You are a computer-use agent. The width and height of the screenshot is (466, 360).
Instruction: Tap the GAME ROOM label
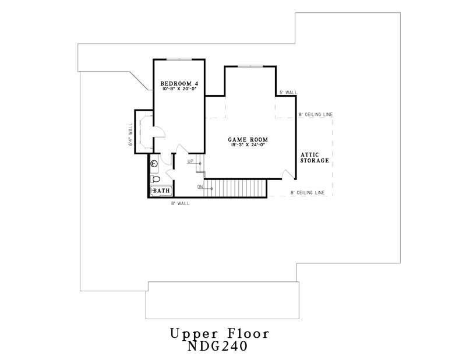tap(248, 140)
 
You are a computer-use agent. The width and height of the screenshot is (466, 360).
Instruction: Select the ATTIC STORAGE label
tap(315, 157)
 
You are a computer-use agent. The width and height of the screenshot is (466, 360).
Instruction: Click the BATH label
tap(162, 190)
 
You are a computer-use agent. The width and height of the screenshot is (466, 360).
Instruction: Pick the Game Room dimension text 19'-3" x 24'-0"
tap(248, 146)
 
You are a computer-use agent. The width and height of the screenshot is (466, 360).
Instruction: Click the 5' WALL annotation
tap(288, 93)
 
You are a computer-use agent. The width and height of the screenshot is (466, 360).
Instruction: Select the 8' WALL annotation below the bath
tap(180, 203)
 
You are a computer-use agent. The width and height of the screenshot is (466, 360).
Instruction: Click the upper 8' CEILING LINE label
tap(315, 115)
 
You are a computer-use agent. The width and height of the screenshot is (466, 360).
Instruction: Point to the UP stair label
tap(190, 161)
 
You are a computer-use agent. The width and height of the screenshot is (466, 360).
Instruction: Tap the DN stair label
tap(200, 187)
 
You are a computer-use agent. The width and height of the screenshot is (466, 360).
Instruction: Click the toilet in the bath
tap(155, 179)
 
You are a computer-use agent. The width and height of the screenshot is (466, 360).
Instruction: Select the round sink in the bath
tap(154, 164)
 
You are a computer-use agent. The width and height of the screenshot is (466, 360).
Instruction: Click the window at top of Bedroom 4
tap(179, 59)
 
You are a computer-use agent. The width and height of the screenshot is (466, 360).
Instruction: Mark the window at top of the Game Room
tap(250, 66)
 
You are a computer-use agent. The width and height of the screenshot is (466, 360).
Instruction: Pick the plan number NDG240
tap(219, 347)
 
